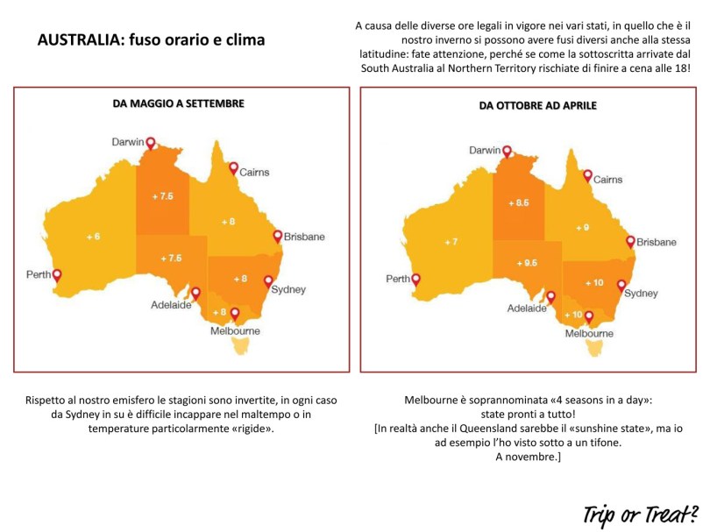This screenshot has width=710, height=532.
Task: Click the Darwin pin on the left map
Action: point(150,143)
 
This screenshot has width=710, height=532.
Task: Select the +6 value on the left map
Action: point(93,237)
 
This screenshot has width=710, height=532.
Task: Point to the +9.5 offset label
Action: point(528,263)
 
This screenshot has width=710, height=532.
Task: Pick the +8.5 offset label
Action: point(519,202)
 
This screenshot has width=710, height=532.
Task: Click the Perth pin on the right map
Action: point(415,280)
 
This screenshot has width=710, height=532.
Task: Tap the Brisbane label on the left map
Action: point(304,237)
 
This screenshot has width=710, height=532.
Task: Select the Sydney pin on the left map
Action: point(268,281)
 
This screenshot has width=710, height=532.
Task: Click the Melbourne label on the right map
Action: point(589,334)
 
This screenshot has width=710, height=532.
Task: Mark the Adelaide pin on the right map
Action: point(551,297)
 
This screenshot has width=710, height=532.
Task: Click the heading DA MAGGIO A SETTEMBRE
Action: point(178,103)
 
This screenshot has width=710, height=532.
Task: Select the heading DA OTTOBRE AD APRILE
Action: point(537,105)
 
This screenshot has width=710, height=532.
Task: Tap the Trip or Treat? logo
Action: point(643,510)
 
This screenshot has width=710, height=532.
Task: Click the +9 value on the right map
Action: point(582,227)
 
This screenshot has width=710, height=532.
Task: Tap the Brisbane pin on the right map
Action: point(629,241)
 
